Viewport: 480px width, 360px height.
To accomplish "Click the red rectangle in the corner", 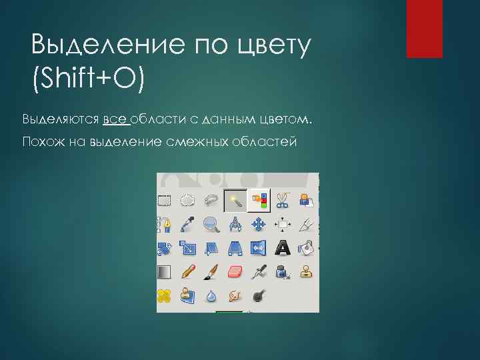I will [425, 29].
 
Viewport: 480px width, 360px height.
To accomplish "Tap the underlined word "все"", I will [115, 119].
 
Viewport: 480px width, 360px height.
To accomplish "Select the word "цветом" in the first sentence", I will [285, 119].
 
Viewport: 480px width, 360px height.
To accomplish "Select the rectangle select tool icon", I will [165, 199].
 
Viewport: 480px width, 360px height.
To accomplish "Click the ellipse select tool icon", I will [188, 199].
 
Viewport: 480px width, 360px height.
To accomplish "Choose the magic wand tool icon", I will [234, 199].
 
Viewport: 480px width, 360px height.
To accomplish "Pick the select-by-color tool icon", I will [258, 199].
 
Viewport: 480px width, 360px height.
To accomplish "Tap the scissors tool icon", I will [282, 199].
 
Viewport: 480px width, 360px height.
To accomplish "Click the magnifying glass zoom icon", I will [211, 224].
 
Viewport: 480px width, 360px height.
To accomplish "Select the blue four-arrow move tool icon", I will [258, 224].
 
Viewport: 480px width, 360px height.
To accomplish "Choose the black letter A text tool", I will [282, 248].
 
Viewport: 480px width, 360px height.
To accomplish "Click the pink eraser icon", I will [235, 271].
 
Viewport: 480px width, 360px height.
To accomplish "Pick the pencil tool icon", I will [188, 271].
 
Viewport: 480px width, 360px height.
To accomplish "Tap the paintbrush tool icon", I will [211, 271].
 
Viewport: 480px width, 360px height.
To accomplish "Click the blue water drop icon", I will [211, 295].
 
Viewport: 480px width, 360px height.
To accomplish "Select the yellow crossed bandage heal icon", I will [165, 295].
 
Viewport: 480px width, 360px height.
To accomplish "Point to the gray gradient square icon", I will [165, 271].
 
